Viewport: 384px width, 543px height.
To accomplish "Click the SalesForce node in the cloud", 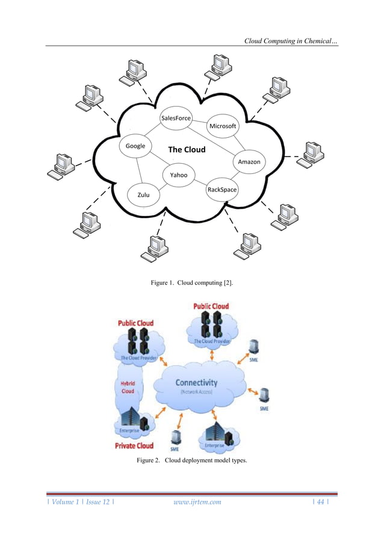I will point(176,119).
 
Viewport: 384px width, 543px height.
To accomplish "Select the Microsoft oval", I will point(223,126).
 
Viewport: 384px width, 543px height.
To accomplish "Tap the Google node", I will point(135,146).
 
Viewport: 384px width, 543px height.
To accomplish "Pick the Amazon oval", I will point(249,162).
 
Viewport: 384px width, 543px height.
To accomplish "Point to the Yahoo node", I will point(179,175).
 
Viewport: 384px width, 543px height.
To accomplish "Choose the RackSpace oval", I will point(222,190).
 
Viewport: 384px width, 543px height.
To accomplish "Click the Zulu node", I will point(143,195).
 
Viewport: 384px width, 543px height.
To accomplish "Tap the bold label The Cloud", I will point(187,150).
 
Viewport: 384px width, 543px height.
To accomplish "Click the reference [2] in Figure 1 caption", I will point(228,282).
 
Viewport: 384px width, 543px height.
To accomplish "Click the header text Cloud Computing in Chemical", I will point(291,40).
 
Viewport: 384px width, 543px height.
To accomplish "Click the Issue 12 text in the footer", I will point(95,502).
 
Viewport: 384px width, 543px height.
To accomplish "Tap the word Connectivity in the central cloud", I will point(196,382).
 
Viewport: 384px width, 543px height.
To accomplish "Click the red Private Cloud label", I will point(134,446).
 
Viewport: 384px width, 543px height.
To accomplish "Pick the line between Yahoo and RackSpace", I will point(200,182).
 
